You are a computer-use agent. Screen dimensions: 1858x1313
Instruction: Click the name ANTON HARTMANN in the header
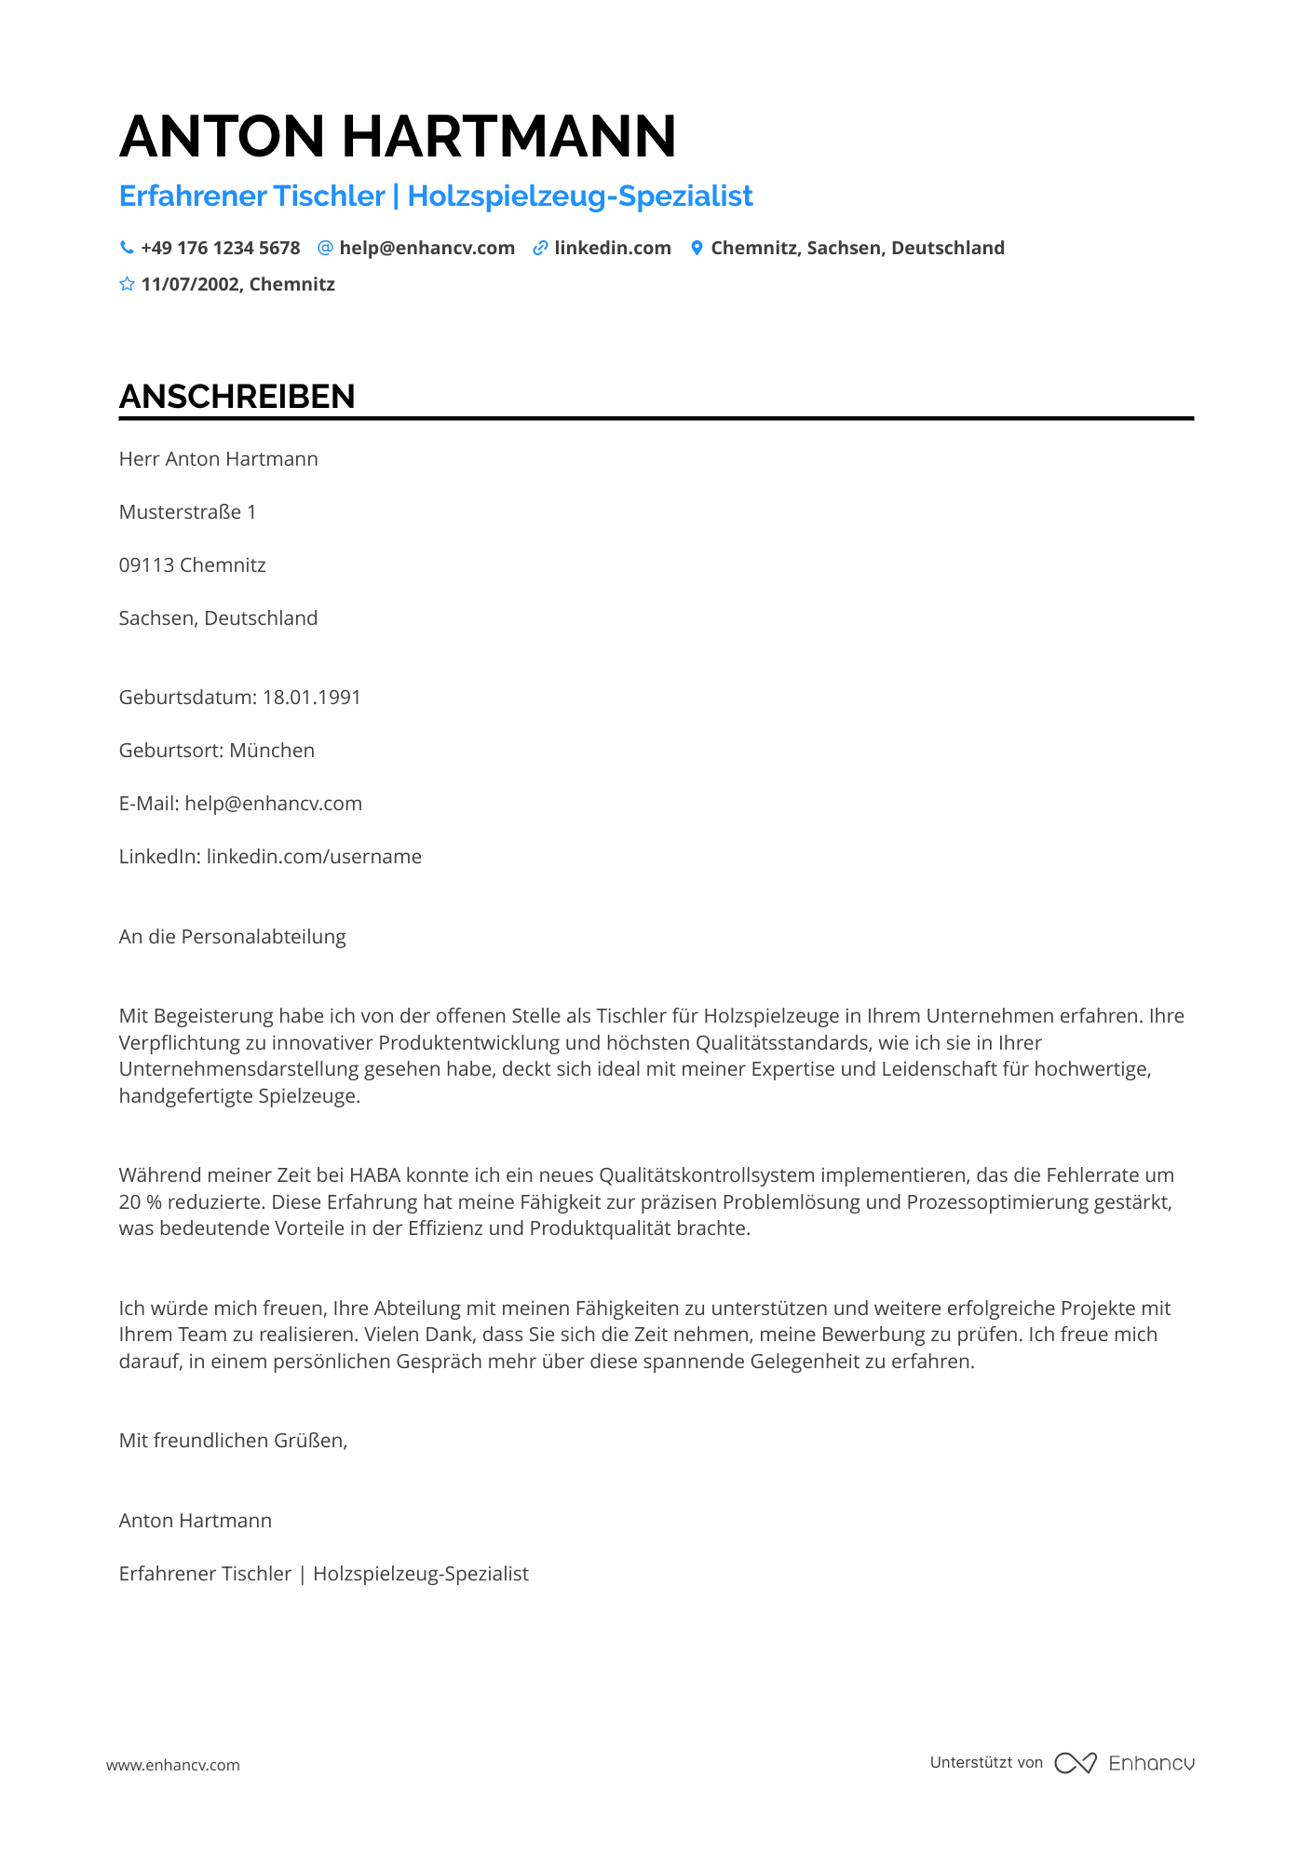(x=398, y=137)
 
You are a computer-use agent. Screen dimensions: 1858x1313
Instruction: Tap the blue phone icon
(x=127, y=248)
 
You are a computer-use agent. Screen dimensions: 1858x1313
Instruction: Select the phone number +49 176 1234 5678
(x=221, y=248)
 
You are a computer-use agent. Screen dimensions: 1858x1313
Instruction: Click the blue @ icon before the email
(x=325, y=248)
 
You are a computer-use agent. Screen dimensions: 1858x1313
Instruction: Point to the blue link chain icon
(x=540, y=248)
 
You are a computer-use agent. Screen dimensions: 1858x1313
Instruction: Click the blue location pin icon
(x=697, y=248)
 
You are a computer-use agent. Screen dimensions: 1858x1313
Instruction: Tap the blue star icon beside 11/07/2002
(x=127, y=284)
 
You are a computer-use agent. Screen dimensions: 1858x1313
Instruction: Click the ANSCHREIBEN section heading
(x=237, y=397)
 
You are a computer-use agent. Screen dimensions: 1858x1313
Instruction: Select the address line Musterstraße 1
(x=187, y=512)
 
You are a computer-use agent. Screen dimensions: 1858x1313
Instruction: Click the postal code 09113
(x=146, y=565)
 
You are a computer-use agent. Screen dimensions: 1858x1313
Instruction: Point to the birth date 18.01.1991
(x=312, y=698)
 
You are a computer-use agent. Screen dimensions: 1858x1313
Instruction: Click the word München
(x=272, y=751)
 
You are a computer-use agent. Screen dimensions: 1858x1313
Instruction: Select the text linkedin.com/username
(x=314, y=857)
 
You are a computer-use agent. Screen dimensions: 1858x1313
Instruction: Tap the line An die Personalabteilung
(x=232, y=937)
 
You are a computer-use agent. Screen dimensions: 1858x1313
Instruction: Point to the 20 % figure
(x=140, y=1202)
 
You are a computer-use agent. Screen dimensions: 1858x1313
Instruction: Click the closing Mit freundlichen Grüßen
(x=233, y=1441)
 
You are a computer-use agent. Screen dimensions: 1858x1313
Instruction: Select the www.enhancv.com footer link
(x=173, y=1765)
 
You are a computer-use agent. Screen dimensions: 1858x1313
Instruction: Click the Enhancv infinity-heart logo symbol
(x=1076, y=1763)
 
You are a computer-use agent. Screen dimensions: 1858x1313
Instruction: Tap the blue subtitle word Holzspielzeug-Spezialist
(x=580, y=197)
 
